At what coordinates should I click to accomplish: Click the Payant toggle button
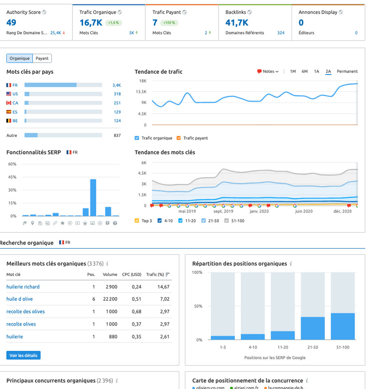coord(42,58)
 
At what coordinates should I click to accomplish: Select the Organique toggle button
coord(20,58)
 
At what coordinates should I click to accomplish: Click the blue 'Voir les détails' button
coord(23,355)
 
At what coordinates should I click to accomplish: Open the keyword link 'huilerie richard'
coord(23,287)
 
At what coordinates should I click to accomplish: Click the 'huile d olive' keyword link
coord(20,299)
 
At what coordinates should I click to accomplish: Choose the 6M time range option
coord(305,72)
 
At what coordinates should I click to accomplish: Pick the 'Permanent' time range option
coord(347,72)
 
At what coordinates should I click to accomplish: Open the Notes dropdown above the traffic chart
coord(268,72)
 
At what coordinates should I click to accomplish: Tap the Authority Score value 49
coord(11,23)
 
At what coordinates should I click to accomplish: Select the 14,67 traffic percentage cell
coord(163,287)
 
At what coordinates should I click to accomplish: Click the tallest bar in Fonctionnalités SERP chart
coord(93,198)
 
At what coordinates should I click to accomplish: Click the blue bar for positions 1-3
coord(223,337)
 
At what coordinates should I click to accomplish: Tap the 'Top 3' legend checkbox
coord(137,221)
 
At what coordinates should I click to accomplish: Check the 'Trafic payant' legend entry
coord(179,138)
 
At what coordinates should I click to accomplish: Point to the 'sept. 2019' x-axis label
coord(224,211)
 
